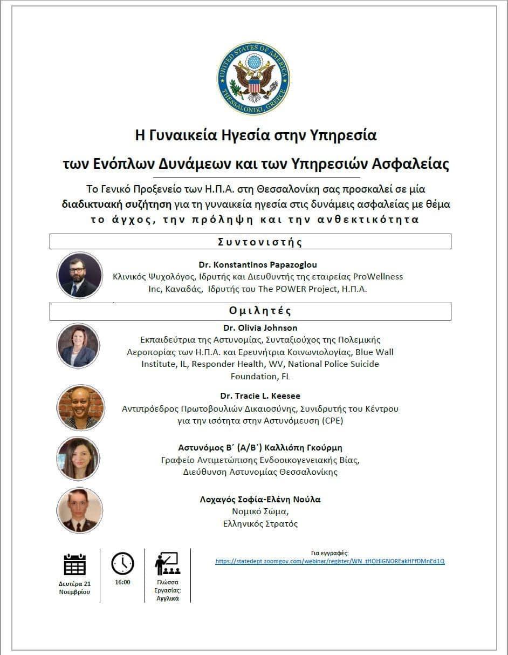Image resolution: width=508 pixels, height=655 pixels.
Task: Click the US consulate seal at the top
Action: [253, 78]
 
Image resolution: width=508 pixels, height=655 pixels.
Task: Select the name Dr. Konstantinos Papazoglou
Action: [258, 264]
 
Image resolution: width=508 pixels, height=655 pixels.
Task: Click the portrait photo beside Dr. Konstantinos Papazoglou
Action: [80, 275]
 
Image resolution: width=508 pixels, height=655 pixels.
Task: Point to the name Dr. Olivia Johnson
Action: [260, 327]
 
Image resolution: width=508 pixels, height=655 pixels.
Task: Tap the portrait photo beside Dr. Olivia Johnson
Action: [79, 346]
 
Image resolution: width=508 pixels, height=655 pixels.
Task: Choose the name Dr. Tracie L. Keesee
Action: [260, 396]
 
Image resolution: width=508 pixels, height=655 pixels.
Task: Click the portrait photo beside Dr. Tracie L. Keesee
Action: [80, 408]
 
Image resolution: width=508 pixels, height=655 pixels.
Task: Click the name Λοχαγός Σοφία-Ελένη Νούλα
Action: [260, 500]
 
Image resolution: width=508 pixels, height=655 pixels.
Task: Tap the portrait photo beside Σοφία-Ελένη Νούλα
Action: [79, 510]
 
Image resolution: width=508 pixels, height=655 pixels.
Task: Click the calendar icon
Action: [74, 564]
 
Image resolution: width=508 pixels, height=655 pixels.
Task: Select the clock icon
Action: [122, 563]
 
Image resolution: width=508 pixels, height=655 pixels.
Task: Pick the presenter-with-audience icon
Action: [167, 563]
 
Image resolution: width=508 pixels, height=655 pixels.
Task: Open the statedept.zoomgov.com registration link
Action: [329, 561]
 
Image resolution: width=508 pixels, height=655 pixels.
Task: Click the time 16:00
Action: [122, 582]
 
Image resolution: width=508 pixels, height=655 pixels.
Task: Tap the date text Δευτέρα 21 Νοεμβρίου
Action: [74, 587]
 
